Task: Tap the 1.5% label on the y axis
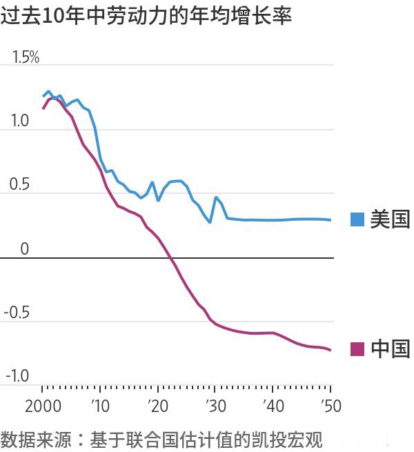(x=26, y=58)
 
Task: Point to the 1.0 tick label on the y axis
(x=20, y=121)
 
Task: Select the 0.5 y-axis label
(x=20, y=186)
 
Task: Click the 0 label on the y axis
(x=25, y=249)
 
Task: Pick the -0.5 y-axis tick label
(x=17, y=313)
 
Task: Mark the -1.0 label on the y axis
(x=17, y=377)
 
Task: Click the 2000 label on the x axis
(x=43, y=405)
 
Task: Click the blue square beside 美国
(x=357, y=220)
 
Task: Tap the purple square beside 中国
(x=357, y=349)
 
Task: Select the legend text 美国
(x=390, y=220)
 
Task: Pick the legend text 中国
(x=390, y=349)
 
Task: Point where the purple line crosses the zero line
(x=170, y=258)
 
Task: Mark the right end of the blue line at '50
(x=331, y=220)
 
